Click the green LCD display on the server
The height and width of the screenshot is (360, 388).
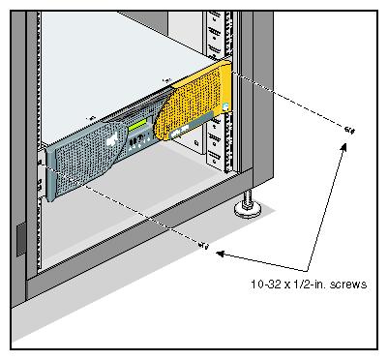[x=137, y=124]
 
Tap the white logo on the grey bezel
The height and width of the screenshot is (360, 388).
[x=111, y=139]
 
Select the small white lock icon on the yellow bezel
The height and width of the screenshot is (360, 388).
[x=225, y=106]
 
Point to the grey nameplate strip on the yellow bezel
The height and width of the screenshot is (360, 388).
[x=191, y=126]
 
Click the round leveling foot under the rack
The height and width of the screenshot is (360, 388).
[x=248, y=210]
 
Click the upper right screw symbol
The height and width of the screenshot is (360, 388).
[x=349, y=130]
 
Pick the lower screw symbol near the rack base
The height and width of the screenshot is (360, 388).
[x=204, y=246]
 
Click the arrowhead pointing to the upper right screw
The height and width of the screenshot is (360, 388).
[x=343, y=148]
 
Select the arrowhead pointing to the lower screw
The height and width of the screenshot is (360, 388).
[x=221, y=254]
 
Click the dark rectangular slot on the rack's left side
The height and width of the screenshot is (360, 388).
[x=21, y=239]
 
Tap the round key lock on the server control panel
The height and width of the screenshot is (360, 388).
[x=140, y=139]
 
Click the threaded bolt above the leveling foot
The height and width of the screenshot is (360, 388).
[x=248, y=196]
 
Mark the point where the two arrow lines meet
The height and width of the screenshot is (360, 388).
[x=307, y=270]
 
